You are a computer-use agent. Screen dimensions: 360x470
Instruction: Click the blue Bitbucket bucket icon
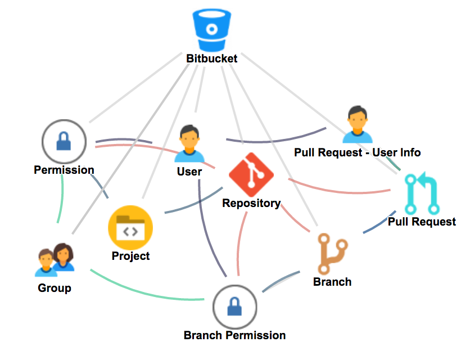[211, 31]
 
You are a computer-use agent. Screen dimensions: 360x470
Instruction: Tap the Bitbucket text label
[212, 58]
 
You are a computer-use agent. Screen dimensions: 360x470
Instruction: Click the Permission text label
[64, 170]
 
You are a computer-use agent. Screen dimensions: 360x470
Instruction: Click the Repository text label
[251, 203]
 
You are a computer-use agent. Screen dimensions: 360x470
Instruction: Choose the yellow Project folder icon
[130, 228]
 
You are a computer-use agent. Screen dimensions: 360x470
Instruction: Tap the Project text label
[130, 256]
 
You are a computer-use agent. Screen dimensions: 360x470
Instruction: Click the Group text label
[55, 289]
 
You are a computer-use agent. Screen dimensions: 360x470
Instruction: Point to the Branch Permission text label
[234, 336]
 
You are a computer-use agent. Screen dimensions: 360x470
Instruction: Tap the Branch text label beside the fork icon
[332, 282]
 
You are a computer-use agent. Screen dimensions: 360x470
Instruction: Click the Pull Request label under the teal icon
[422, 222]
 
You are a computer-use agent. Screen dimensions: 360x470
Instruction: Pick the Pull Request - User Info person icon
[358, 124]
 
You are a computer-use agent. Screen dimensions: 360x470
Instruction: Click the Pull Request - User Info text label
[358, 152]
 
